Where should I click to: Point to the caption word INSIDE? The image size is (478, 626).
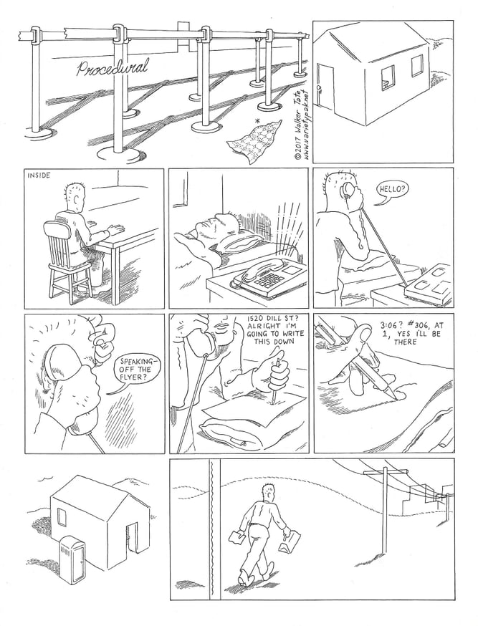coord(38,175)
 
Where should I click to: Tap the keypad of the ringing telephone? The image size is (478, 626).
coord(267,280)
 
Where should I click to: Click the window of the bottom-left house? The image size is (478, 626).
coord(62,519)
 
